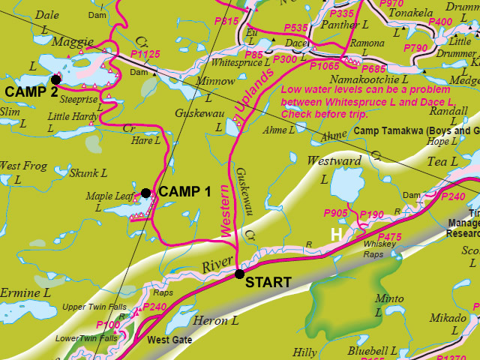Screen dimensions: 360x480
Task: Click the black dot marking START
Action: coord(239,274)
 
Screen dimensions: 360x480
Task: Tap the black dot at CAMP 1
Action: coord(145,193)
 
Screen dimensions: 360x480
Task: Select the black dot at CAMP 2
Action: coord(55,79)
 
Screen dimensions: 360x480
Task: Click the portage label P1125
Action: coord(145,55)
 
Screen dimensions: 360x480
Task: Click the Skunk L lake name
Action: coord(88,173)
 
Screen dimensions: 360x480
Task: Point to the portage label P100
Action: coord(108,325)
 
